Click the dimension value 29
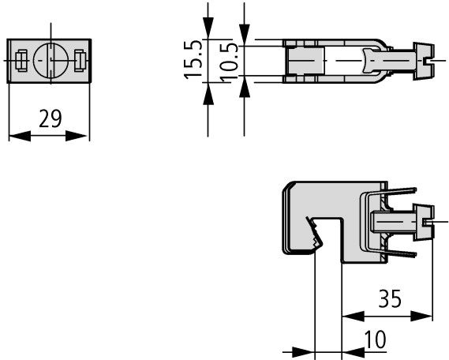[51, 118]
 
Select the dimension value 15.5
[193, 60]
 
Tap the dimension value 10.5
[230, 62]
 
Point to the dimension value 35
[390, 298]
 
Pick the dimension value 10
[375, 339]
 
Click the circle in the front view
[51, 60]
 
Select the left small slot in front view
[21, 60]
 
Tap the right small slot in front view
[80, 61]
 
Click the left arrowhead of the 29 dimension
[20, 136]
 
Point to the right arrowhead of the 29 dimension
[77, 136]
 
